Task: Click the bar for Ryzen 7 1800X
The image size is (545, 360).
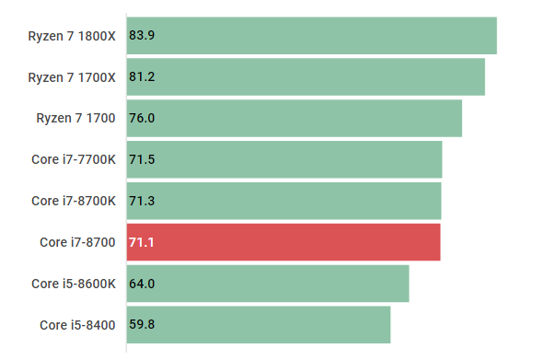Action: coord(311,36)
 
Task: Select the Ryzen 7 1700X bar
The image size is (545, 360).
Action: coord(306,77)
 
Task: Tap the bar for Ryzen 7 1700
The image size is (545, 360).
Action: coord(294,119)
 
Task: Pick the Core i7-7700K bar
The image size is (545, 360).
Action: coord(284,160)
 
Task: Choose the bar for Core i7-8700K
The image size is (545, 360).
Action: coord(284,201)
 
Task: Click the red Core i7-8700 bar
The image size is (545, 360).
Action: coord(283,242)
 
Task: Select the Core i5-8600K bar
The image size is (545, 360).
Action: coord(267,284)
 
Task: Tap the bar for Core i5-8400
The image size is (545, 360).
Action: coord(258,325)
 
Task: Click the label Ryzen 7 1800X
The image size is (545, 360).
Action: coord(72,36)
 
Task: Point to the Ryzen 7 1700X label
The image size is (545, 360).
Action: coord(72,77)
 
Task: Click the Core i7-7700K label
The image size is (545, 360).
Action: coord(74,160)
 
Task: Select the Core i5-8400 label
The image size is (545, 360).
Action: coord(77,325)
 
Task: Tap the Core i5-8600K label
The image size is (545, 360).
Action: coord(74,284)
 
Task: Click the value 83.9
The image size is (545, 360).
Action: coord(142,36)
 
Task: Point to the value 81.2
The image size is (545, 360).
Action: coord(142,77)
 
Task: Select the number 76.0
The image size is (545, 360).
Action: coord(142,119)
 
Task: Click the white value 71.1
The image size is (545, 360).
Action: coord(142,242)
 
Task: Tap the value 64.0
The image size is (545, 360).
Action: coord(142,284)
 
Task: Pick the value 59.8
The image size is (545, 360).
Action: coord(142,325)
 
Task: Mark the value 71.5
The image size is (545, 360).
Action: coord(142,160)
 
